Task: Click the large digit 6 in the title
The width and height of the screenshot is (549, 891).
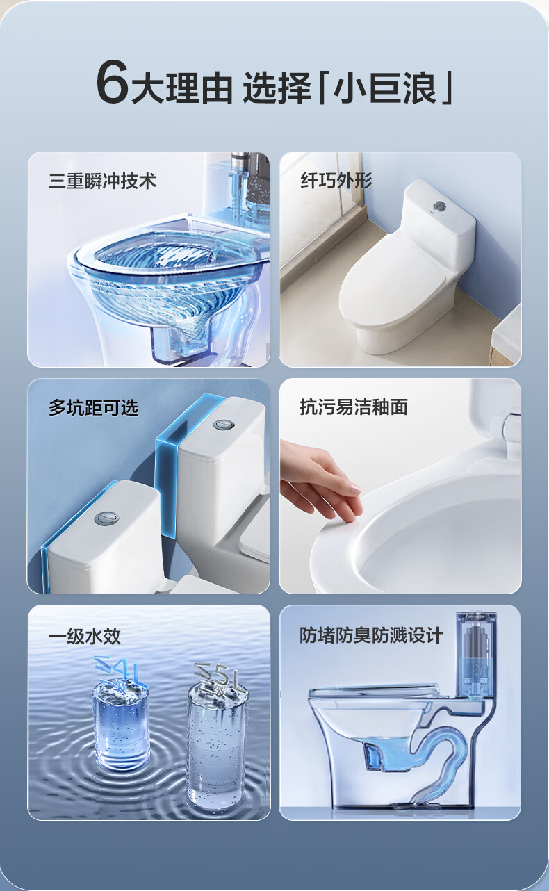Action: [113, 81]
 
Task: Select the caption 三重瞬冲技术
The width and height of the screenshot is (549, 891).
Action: [102, 181]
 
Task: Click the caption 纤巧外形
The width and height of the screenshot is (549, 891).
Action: [336, 180]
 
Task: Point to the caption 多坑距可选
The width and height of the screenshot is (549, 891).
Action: [94, 408]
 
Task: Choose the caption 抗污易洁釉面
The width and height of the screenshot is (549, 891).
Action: [354, 407]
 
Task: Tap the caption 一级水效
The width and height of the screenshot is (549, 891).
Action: [84, 636]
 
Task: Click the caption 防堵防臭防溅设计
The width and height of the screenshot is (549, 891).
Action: [371, 635]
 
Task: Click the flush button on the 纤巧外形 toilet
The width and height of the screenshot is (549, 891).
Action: [439, 206]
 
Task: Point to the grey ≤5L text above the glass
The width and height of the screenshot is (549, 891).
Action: [218, 676]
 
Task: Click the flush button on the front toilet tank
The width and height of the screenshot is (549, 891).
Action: [106, 518]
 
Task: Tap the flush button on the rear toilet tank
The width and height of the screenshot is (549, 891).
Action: [221, 425]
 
